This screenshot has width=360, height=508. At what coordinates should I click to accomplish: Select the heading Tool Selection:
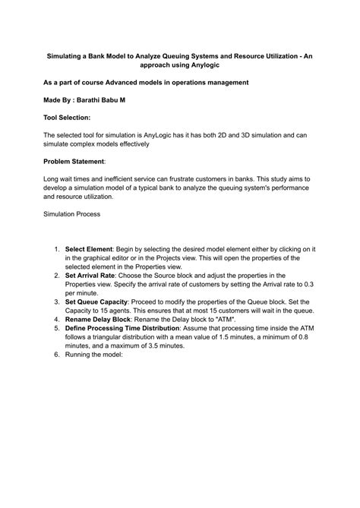(x=67, y=118)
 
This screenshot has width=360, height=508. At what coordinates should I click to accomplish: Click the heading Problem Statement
(x=74, y=162)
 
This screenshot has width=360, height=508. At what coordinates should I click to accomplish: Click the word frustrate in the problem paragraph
(x=185, y=179)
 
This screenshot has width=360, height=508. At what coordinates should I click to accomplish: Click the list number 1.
(x=56, y=249)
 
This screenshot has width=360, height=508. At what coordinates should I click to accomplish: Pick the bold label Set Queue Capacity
(x=96, y=301)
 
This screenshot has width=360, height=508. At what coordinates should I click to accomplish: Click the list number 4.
(x=56, y=319)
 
